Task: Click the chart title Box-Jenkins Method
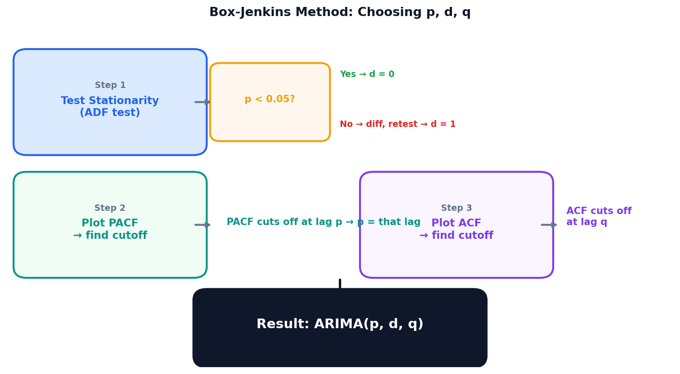click(x=340, y=12)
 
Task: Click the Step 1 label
click(x=110, y=85)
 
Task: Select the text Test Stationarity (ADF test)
click(x=110, y=107)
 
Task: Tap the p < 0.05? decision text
click(x=270, y=99)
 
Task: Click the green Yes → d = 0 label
click(x=367, y=74)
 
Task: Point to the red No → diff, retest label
click(x=397, y=124)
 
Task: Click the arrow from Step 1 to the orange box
click(x=202, y=102)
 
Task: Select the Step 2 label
click(x=110, y=208)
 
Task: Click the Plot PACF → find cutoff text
click(x=110, y=229)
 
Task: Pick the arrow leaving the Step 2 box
click(x=202, y=225)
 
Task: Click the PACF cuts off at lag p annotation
click(x=323, y=222)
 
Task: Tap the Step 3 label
click(x=456, y=208)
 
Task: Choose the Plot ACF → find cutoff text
click(x=456, y=229)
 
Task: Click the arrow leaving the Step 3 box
click(x=549, y=225)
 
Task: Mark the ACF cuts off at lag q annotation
click(x=598, y=216)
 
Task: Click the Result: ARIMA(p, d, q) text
click(x=340, y=324)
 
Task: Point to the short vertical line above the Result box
click(x=340, y=284)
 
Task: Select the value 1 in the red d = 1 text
click(x=452, y=124)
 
